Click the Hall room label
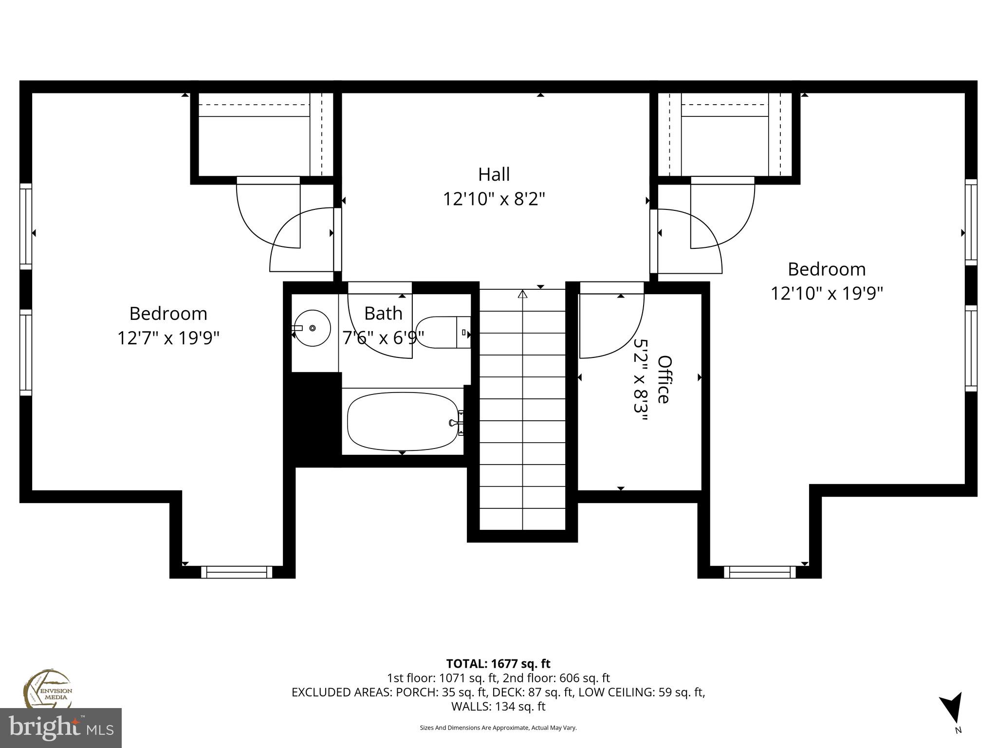click(494, 174)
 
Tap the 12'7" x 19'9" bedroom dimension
click(168, 338)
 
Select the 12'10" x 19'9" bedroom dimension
click(827, 294)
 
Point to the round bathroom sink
click(312, 328)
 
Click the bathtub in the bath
click(403, 422)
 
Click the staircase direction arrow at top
click(523, 294)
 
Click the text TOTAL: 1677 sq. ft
click(498, 664)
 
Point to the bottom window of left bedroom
click(237, 572)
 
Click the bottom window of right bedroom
click(759, 572)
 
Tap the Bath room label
click(383, 314)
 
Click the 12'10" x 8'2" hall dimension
click(494, 199)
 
